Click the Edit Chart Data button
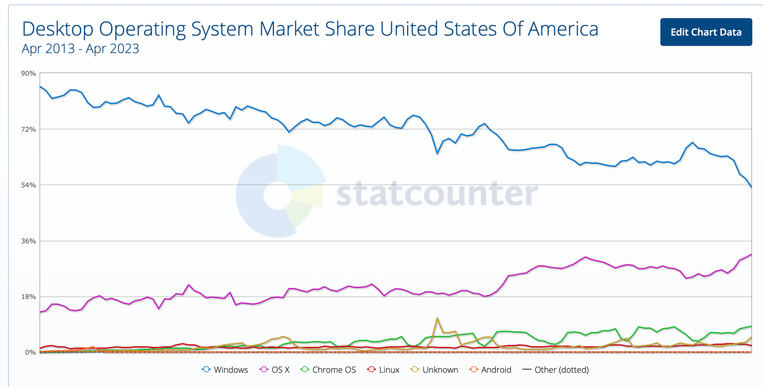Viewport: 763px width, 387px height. coord(706,32)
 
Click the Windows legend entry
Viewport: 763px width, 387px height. coord(225,369)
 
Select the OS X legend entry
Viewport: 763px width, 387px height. coord(275,369)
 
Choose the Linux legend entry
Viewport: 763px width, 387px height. coord(383,369)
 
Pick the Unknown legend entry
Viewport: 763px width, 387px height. coord(435,369)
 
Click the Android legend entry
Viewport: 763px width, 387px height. coord(491,369)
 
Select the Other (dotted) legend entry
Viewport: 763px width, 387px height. coord(556,369)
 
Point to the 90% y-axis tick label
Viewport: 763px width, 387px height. coord(28,74)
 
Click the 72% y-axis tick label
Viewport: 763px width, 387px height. coord(28,130)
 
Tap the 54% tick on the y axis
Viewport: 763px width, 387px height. coord(28,185)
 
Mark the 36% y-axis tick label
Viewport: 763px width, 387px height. coord(28,241)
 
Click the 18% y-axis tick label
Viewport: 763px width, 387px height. coord(28,297)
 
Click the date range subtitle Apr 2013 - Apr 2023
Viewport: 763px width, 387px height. coord(80,49)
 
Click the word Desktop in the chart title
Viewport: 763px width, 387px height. coord(58,29)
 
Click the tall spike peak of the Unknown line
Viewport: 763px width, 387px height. coord(437,318)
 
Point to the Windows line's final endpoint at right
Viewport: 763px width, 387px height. coord(751,187)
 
